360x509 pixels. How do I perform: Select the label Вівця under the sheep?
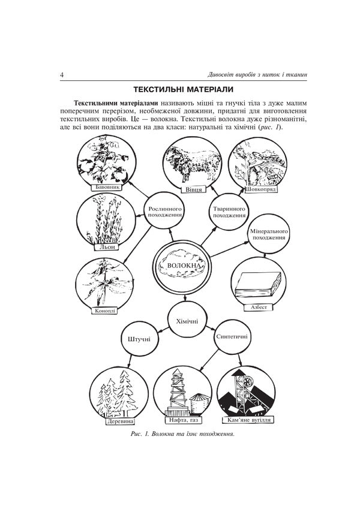(x=193, y=189)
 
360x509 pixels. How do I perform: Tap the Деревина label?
(x=121, y=420)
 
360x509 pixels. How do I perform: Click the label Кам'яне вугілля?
(x=247, y=420)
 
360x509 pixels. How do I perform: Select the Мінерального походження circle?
(x=269, y=234)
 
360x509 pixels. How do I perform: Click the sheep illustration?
(x=193, y=162)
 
